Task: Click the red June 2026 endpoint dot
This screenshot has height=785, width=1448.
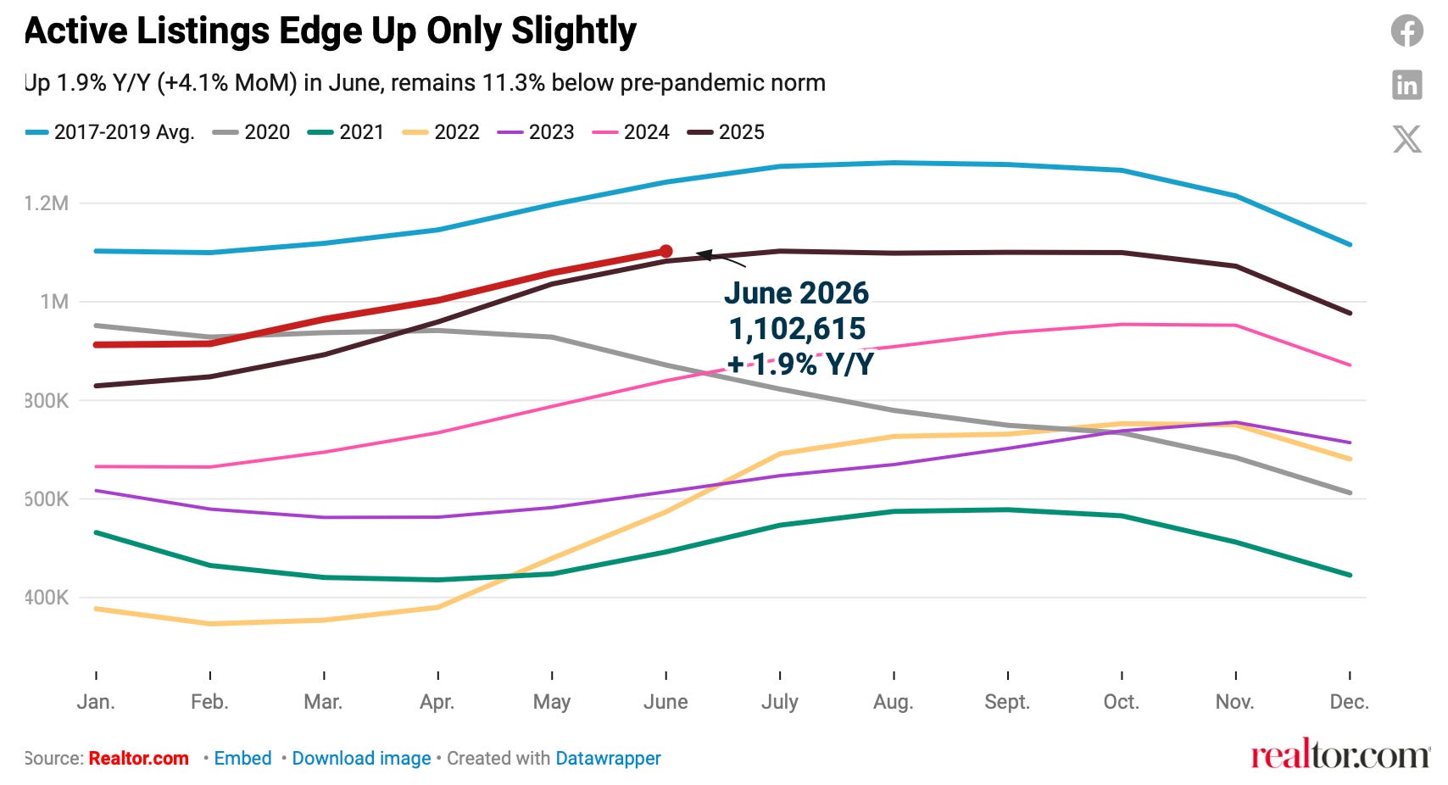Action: point(666,251)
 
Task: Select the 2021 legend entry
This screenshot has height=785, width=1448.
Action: point(346,132)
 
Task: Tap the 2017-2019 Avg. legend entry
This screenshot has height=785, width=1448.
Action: point(110,132)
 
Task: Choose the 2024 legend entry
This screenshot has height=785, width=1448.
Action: point(630,132)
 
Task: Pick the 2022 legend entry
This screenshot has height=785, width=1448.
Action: point(441,132)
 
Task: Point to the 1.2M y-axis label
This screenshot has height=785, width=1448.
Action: point(46,203)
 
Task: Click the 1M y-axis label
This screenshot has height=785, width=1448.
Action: point(54,302)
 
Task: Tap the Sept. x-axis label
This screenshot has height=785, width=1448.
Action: point(1007,702)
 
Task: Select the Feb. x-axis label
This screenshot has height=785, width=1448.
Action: point(209,702)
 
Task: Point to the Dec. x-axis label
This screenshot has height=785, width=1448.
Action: point(1349,702)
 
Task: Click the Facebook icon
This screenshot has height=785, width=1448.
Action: point(1407,31)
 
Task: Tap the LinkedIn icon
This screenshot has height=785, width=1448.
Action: point(1407,85)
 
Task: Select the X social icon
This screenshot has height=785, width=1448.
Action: point(1407,139)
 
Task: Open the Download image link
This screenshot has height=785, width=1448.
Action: point(361,758)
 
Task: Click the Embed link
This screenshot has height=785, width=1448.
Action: point(242,758)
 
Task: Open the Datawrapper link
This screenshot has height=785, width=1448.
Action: point(608,758)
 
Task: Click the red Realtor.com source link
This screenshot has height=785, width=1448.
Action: point(138,758)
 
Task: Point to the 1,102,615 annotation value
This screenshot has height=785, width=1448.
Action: point(797,328)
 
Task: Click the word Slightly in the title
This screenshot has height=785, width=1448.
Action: point(574,31)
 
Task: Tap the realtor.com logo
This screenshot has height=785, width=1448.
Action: point(1340,754)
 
